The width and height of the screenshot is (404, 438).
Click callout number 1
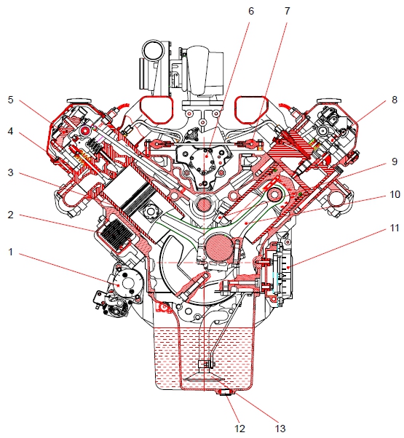coord(10,252)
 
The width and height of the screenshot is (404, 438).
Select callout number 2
coord(10,215)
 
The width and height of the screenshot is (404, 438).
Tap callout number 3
coord(10,172)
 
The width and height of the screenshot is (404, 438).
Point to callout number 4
coord(10,131)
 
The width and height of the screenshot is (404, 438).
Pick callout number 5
coord(10,100)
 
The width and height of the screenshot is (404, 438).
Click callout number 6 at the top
coord(251,11)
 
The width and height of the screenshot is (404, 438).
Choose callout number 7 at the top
coord(288,11)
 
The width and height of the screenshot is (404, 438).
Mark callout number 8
coord(395,100)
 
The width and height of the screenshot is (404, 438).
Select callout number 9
coord(395,162)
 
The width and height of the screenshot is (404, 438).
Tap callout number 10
coord(395,194)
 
